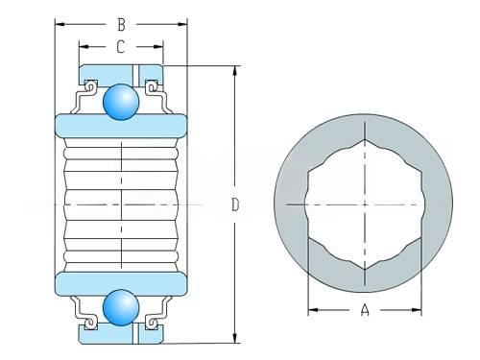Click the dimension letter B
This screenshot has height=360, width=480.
[x=121, y=25]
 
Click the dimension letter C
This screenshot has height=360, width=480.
[x=120, y=47]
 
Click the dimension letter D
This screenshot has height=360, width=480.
[x=235, y=204]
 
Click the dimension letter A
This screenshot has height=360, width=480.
[x=365, y=310]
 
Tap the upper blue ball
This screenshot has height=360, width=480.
[x=121, y=102]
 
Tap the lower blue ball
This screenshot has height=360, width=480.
[x=121, y=308]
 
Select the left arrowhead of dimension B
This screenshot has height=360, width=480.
[x=60, y=24]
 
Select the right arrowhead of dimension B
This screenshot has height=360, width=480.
[x=182, y=24]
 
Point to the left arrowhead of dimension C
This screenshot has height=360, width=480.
[x=84, y=47]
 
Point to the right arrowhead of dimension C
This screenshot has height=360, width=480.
[x=158, y=47]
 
